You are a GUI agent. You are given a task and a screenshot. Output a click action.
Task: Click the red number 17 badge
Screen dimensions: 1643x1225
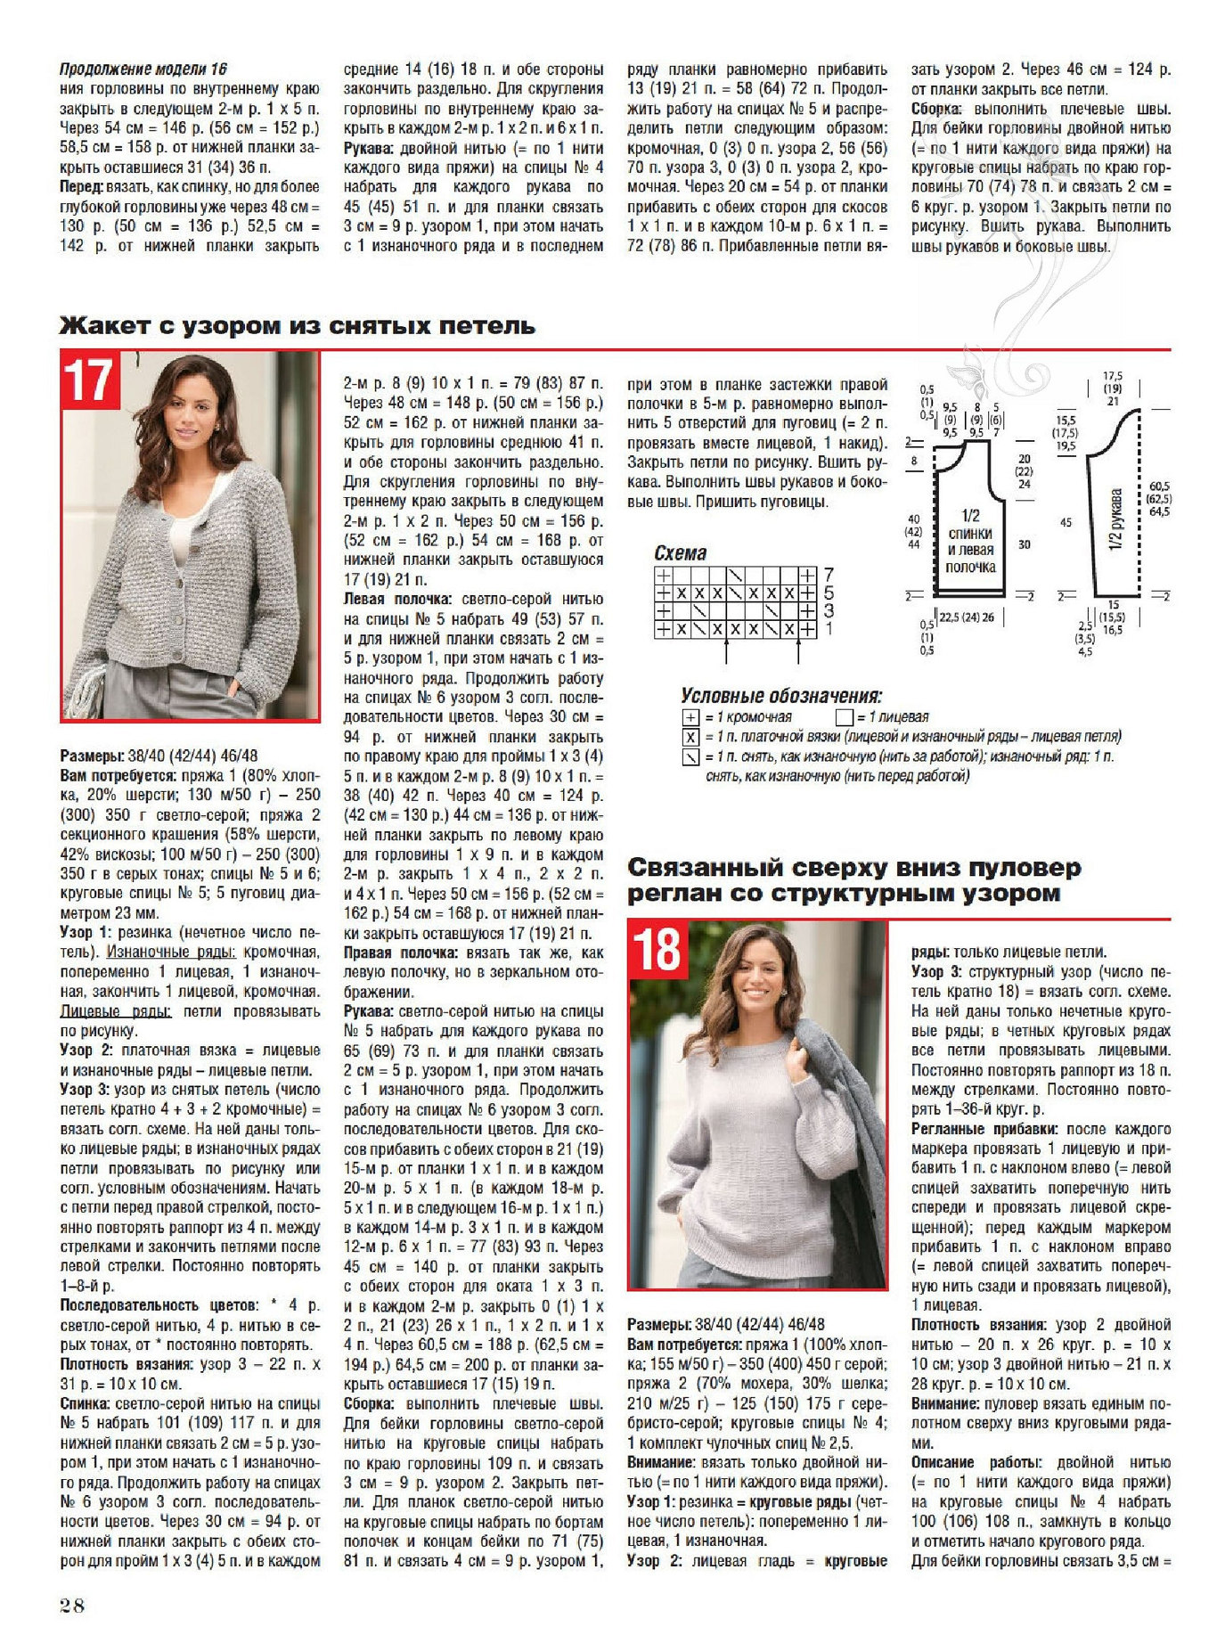(x=90, y=380)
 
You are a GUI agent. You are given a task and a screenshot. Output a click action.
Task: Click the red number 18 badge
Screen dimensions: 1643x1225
(x=657, y=951)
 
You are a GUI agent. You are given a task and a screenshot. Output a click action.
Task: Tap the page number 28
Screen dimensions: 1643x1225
(x=72, y=1606)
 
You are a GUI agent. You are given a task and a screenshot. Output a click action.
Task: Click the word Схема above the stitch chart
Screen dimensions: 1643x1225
(x=680, y=553)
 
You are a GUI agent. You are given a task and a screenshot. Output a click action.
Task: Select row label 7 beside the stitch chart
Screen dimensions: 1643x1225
(x=829, y=575)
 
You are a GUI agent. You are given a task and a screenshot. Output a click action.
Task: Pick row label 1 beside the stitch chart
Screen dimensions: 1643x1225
(x=829, y=629)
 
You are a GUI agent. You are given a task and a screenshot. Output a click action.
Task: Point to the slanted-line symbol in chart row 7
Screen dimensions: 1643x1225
(x=736, y=575)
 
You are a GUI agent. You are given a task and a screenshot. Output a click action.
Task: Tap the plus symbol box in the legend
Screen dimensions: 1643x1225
(x=690, y=717)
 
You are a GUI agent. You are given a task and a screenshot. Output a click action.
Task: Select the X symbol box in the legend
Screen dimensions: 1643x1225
(x=690, y=737)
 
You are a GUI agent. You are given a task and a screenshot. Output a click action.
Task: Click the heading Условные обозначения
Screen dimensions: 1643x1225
(x=780, y=696)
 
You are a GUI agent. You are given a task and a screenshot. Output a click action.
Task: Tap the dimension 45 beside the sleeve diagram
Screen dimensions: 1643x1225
(x=1066, y=522)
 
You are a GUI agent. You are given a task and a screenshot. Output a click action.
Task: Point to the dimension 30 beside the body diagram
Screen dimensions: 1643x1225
(x=1024, y=544)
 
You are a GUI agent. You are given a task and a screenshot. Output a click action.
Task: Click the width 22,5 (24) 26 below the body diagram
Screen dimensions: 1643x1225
(x=967, y=617)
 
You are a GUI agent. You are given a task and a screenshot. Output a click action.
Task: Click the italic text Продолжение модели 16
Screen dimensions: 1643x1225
(x=143, y=69)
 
